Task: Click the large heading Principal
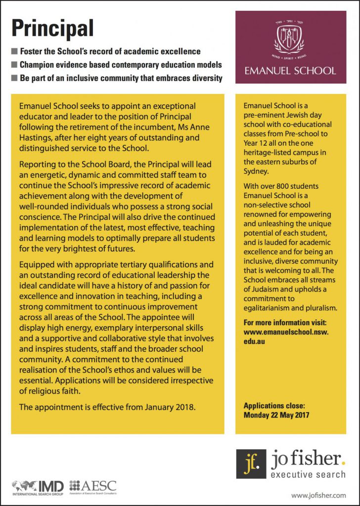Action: (52, 28)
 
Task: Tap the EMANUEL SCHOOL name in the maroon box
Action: (291, 70)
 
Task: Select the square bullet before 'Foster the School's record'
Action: (15, 51)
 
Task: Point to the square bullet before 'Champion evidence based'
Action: (15, 65)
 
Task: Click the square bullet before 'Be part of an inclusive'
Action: (15, 78)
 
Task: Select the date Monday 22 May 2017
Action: (276, 415)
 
